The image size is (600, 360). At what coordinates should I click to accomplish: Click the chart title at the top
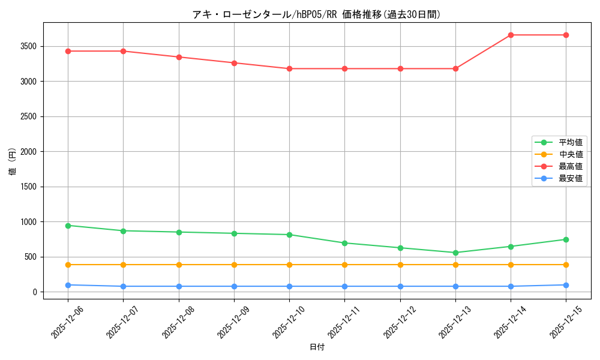[316, 14]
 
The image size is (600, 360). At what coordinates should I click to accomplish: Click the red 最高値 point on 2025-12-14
[511, 35]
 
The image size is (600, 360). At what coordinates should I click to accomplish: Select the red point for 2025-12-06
[68, 51]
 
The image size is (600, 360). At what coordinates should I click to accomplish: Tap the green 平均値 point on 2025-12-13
[455, 253]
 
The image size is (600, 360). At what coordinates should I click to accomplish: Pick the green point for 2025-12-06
[68, 226]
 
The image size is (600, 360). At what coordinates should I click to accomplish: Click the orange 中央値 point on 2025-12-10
[289, 265]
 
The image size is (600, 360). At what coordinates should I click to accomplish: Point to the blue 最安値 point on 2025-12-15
[566, 285]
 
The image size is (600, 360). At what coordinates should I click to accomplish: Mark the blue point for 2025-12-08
[179, 286]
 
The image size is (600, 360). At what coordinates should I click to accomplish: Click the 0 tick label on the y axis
[35, 292]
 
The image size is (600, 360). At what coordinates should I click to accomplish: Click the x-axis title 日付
[317, 347]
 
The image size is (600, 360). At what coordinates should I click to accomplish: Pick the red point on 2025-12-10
[289, 68]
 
